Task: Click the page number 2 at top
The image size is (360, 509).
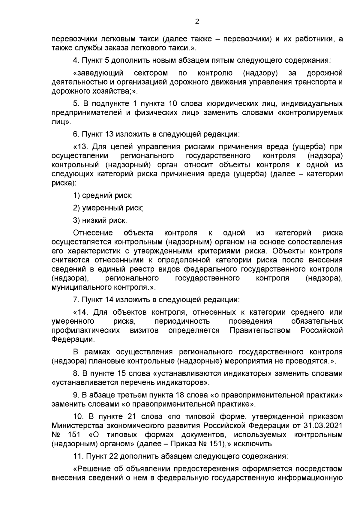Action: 197,22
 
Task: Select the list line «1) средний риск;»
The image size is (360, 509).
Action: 103,196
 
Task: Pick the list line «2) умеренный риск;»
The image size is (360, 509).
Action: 108,208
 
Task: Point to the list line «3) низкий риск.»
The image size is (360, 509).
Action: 100,220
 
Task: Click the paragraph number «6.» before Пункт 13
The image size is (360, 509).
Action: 76,134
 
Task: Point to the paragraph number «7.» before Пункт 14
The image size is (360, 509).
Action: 76,300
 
